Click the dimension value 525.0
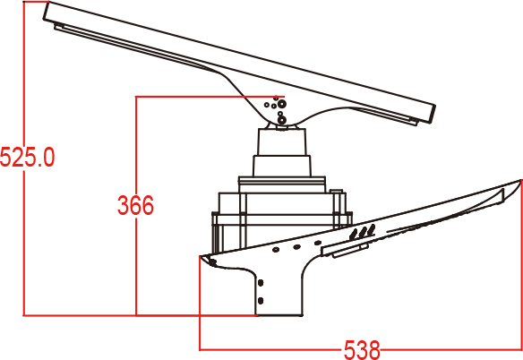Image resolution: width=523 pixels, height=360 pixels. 28,157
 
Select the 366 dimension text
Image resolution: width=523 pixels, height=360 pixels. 135,205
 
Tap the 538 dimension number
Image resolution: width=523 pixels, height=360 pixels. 362,350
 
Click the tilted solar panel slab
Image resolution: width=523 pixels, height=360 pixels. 239,63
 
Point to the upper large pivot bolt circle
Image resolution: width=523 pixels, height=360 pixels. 282,104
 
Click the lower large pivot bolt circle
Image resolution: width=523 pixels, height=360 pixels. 282,120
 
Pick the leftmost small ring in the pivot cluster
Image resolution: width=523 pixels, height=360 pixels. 267,105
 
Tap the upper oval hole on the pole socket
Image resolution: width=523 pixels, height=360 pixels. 261,283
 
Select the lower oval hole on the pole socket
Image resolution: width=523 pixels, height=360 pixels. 261,301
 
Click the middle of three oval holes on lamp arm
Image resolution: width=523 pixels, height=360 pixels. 296,247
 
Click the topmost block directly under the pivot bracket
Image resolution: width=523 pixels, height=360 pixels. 282,141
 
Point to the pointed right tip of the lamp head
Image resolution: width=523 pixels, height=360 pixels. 520,180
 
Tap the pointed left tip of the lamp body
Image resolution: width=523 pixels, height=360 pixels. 201,257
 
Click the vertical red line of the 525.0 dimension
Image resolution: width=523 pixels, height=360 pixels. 24,159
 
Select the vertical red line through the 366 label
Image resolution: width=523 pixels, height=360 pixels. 136,206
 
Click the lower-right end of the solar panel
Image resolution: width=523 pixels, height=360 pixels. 433,122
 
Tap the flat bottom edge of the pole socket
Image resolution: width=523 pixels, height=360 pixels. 279,315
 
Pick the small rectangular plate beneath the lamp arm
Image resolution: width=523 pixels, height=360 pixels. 350,251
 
